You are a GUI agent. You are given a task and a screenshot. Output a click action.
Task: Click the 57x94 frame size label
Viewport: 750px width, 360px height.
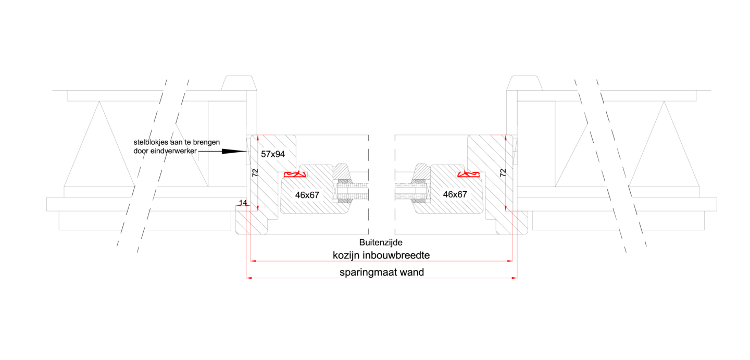273,154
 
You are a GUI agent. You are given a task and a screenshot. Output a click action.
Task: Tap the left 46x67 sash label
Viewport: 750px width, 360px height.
307,195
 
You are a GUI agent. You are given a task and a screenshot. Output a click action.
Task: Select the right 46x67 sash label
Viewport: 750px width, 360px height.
455,194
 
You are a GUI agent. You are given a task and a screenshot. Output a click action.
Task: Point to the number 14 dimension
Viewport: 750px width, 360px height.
243,203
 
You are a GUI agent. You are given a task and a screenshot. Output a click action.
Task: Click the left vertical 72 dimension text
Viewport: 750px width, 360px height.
255,173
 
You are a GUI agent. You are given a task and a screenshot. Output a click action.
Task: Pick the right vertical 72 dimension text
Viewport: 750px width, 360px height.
503,173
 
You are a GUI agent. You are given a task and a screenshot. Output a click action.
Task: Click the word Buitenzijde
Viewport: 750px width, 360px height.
381,242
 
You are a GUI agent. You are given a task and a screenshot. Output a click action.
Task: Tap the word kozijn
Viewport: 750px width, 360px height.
346,255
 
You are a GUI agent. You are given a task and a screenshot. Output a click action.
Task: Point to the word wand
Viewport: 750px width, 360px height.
412,272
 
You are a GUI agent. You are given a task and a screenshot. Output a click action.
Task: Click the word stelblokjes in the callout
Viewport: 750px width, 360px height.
151,142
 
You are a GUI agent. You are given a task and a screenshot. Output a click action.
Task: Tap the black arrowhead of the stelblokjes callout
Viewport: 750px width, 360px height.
234,152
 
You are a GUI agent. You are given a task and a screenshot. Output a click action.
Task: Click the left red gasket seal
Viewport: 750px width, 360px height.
295,174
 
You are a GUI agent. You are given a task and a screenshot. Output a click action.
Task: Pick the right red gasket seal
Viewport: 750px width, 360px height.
468,174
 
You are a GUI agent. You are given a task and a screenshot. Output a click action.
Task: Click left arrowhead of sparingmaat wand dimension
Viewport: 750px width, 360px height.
249,278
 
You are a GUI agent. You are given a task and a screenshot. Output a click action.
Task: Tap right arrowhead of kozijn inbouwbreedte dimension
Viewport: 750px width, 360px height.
510,260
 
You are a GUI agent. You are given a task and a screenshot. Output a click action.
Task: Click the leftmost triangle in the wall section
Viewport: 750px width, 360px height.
99,144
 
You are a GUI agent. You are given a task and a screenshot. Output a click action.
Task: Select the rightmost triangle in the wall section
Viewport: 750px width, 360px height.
664,144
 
